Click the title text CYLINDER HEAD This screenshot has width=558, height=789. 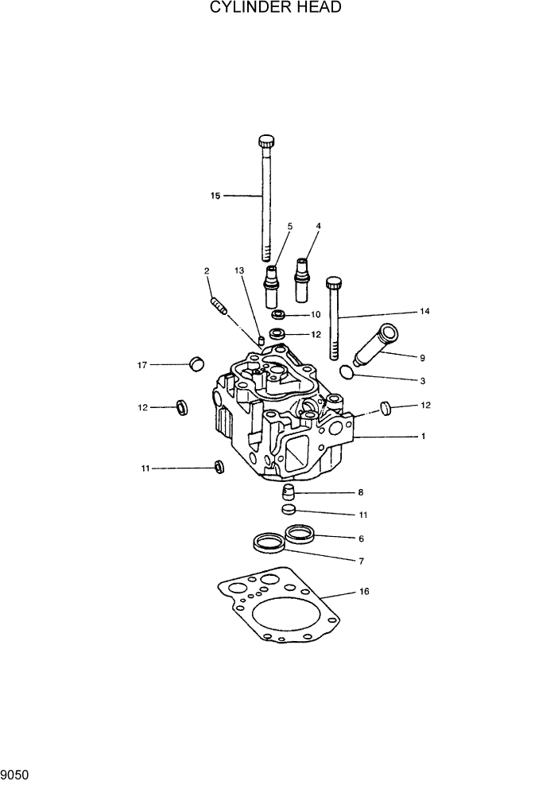276,8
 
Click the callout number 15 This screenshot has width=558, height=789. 215,195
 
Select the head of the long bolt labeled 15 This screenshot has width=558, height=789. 266,142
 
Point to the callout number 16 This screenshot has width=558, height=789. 364,592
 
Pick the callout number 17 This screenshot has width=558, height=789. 142,365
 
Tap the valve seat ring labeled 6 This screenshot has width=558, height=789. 299,533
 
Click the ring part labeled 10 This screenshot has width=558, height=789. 278,314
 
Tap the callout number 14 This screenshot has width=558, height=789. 424,312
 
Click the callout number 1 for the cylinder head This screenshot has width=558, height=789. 424,436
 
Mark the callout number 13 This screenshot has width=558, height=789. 239,271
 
